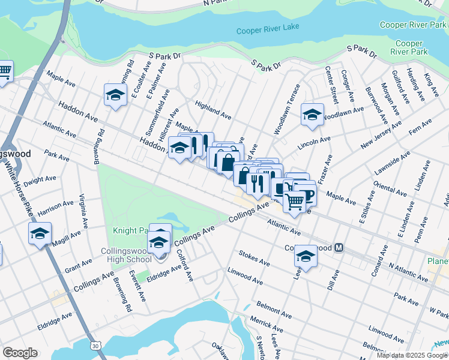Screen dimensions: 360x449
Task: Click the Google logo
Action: pos(20,353)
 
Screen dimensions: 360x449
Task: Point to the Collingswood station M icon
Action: pos(339,247)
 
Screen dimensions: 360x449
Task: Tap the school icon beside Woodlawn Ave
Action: pos(312,114)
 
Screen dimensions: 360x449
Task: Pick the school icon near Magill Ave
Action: pos(40,233)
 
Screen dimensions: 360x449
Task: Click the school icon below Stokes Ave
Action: pos(306,256)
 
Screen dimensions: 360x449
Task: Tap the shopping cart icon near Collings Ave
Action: pos(294,202)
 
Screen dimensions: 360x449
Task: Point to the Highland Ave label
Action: pos(213,109)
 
